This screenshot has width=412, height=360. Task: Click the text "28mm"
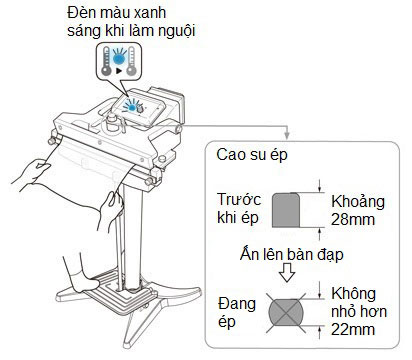pyautogui.click(x=353, y=220)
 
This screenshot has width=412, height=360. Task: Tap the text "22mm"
pyautogui.click(x=353, y=330)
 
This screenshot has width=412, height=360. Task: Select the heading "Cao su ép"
pyautogui.click(x=252, y=155)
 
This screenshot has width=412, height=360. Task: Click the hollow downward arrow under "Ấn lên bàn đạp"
pyautogui.click(x=287, y=273)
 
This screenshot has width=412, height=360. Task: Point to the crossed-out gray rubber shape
pyautogui.click(x=286, y=313)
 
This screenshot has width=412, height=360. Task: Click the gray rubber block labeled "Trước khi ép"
pyautogui.click(x=286, y=210)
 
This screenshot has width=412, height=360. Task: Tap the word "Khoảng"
pyautogui.click(x=358, y=202)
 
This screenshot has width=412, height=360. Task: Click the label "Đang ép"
pyautogui.click(x=237, y=313)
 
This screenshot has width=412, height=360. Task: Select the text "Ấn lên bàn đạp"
pyautogui.click(x=291, y=255)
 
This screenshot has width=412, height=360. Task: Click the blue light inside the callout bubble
pyautogui.click(x=119, y=59)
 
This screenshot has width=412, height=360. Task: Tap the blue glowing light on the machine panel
pyautogui.click(x=132, y=107)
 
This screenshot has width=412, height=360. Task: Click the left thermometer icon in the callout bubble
pyautogui.click(x=106, y=61)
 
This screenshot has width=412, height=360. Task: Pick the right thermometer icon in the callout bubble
pyautogui.click(x=132, y=61)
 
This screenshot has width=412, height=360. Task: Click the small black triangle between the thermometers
pyautogui.click(x=119, y=71)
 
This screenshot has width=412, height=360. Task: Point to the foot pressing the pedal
pyautogui.click(x=87, y=282)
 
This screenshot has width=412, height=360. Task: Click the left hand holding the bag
pyautogui.click(x=32, y=173)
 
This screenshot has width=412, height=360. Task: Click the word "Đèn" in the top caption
pyautogui.click(x=80, y=13)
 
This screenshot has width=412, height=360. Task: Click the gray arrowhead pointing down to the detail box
pyautogui.click(x=287, y=136)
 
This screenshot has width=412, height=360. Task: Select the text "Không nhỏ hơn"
pyautogui.click(x=359, y=303)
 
